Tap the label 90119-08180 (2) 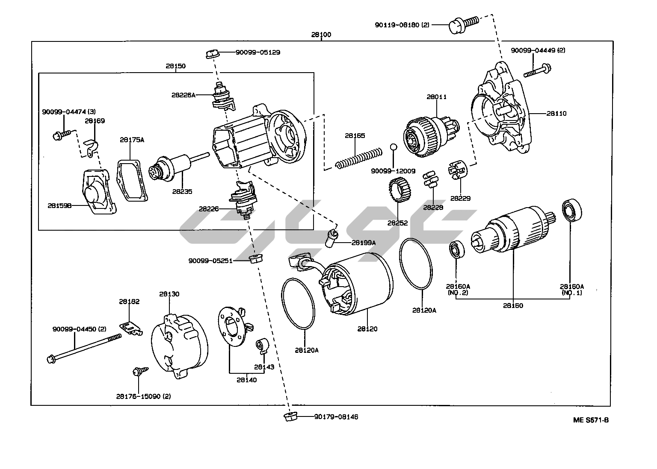[x=402, y=25]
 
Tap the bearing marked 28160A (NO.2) [x=456, y=250]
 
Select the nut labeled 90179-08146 [x=290, y=416]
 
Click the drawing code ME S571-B [x=591, y=420]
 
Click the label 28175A [x=132, y=140]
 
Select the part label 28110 [x=556, y=114]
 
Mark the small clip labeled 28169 [x=90, y=146]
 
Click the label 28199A [x=364, y=243]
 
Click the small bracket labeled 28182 [x=131, y=328]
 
